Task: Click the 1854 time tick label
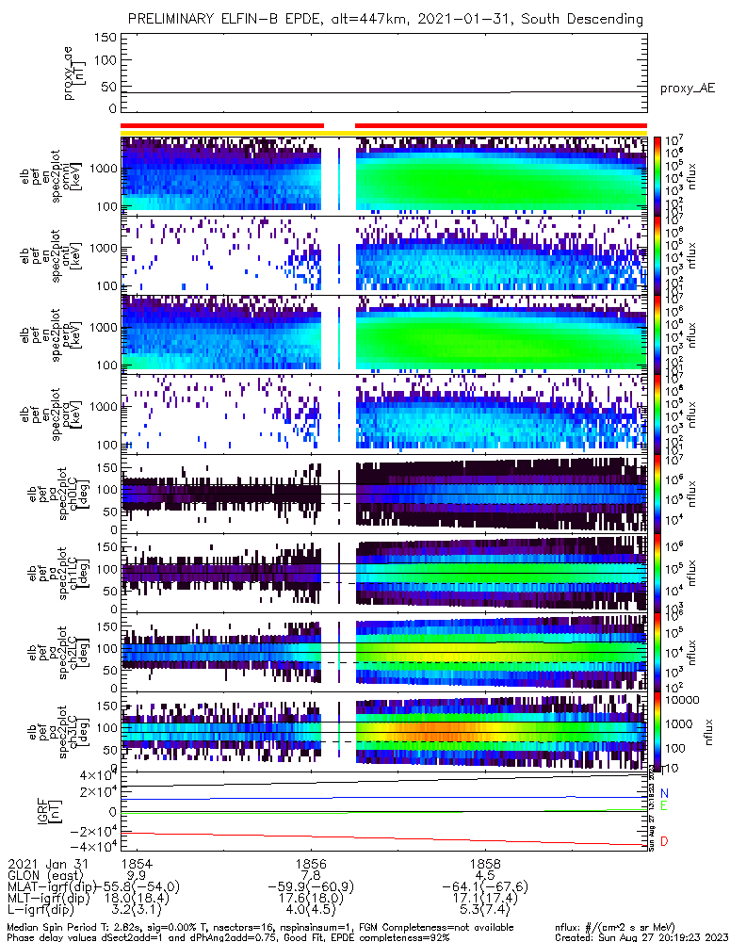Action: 137,863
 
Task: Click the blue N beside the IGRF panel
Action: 665,794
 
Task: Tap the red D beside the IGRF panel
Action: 665,840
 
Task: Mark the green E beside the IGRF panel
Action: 665,806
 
